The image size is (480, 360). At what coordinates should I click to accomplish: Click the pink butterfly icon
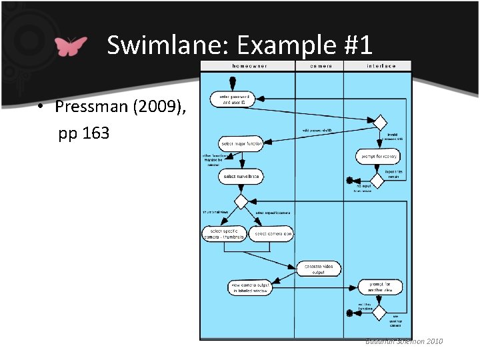click(x=71, y=46)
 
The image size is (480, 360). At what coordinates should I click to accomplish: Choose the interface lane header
click(x=381, y=66)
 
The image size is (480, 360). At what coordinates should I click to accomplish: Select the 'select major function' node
click(x=241, y=144)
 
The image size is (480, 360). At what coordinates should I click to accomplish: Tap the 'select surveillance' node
click(x=241, y=177)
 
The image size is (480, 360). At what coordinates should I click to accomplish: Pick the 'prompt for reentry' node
click(x=378, y=156)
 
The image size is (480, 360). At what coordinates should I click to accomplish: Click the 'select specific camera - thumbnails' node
click(x=225, y=234)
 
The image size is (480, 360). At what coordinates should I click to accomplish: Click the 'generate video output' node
click(x=319, y=269)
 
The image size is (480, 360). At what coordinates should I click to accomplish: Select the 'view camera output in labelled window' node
click(x=251, y=287)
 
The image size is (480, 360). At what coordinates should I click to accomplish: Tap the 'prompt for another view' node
click(x=380, y=287)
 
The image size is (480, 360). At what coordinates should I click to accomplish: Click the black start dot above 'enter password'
click(x=233, y=83)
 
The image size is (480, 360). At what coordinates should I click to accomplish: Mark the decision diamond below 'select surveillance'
click(x=241, y=201)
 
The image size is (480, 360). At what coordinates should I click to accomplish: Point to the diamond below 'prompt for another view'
click(x=379, y=311)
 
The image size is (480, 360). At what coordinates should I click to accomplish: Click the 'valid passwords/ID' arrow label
click(x=317, y=130)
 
